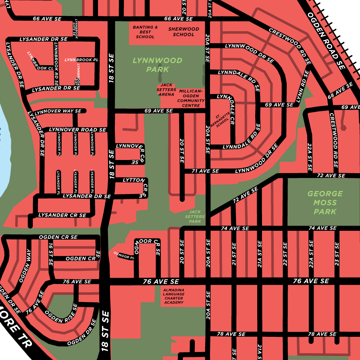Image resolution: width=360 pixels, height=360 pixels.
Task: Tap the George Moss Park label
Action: click(325, 202)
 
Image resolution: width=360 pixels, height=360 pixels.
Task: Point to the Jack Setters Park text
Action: click(195, 216)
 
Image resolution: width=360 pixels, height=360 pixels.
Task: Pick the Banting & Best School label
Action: click(145, 32)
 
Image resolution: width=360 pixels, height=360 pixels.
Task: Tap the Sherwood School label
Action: click(184, 32)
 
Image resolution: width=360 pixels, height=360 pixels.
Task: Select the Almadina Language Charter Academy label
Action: click(174, 296)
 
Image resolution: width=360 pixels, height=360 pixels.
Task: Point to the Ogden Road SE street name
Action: click(326, 40)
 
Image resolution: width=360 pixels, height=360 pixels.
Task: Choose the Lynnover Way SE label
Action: click(58, 111)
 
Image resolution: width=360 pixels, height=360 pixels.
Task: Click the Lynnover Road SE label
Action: click(77, 130)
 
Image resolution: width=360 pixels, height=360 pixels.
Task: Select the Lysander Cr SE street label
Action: click(62, 215)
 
